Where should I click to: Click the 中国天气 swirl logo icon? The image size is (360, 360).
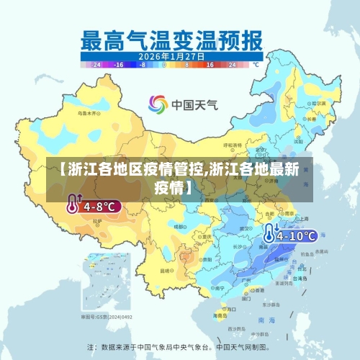(158, 104)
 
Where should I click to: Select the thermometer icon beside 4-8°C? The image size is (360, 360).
(73, 205)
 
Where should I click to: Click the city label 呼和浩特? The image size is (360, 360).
(225, 153)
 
